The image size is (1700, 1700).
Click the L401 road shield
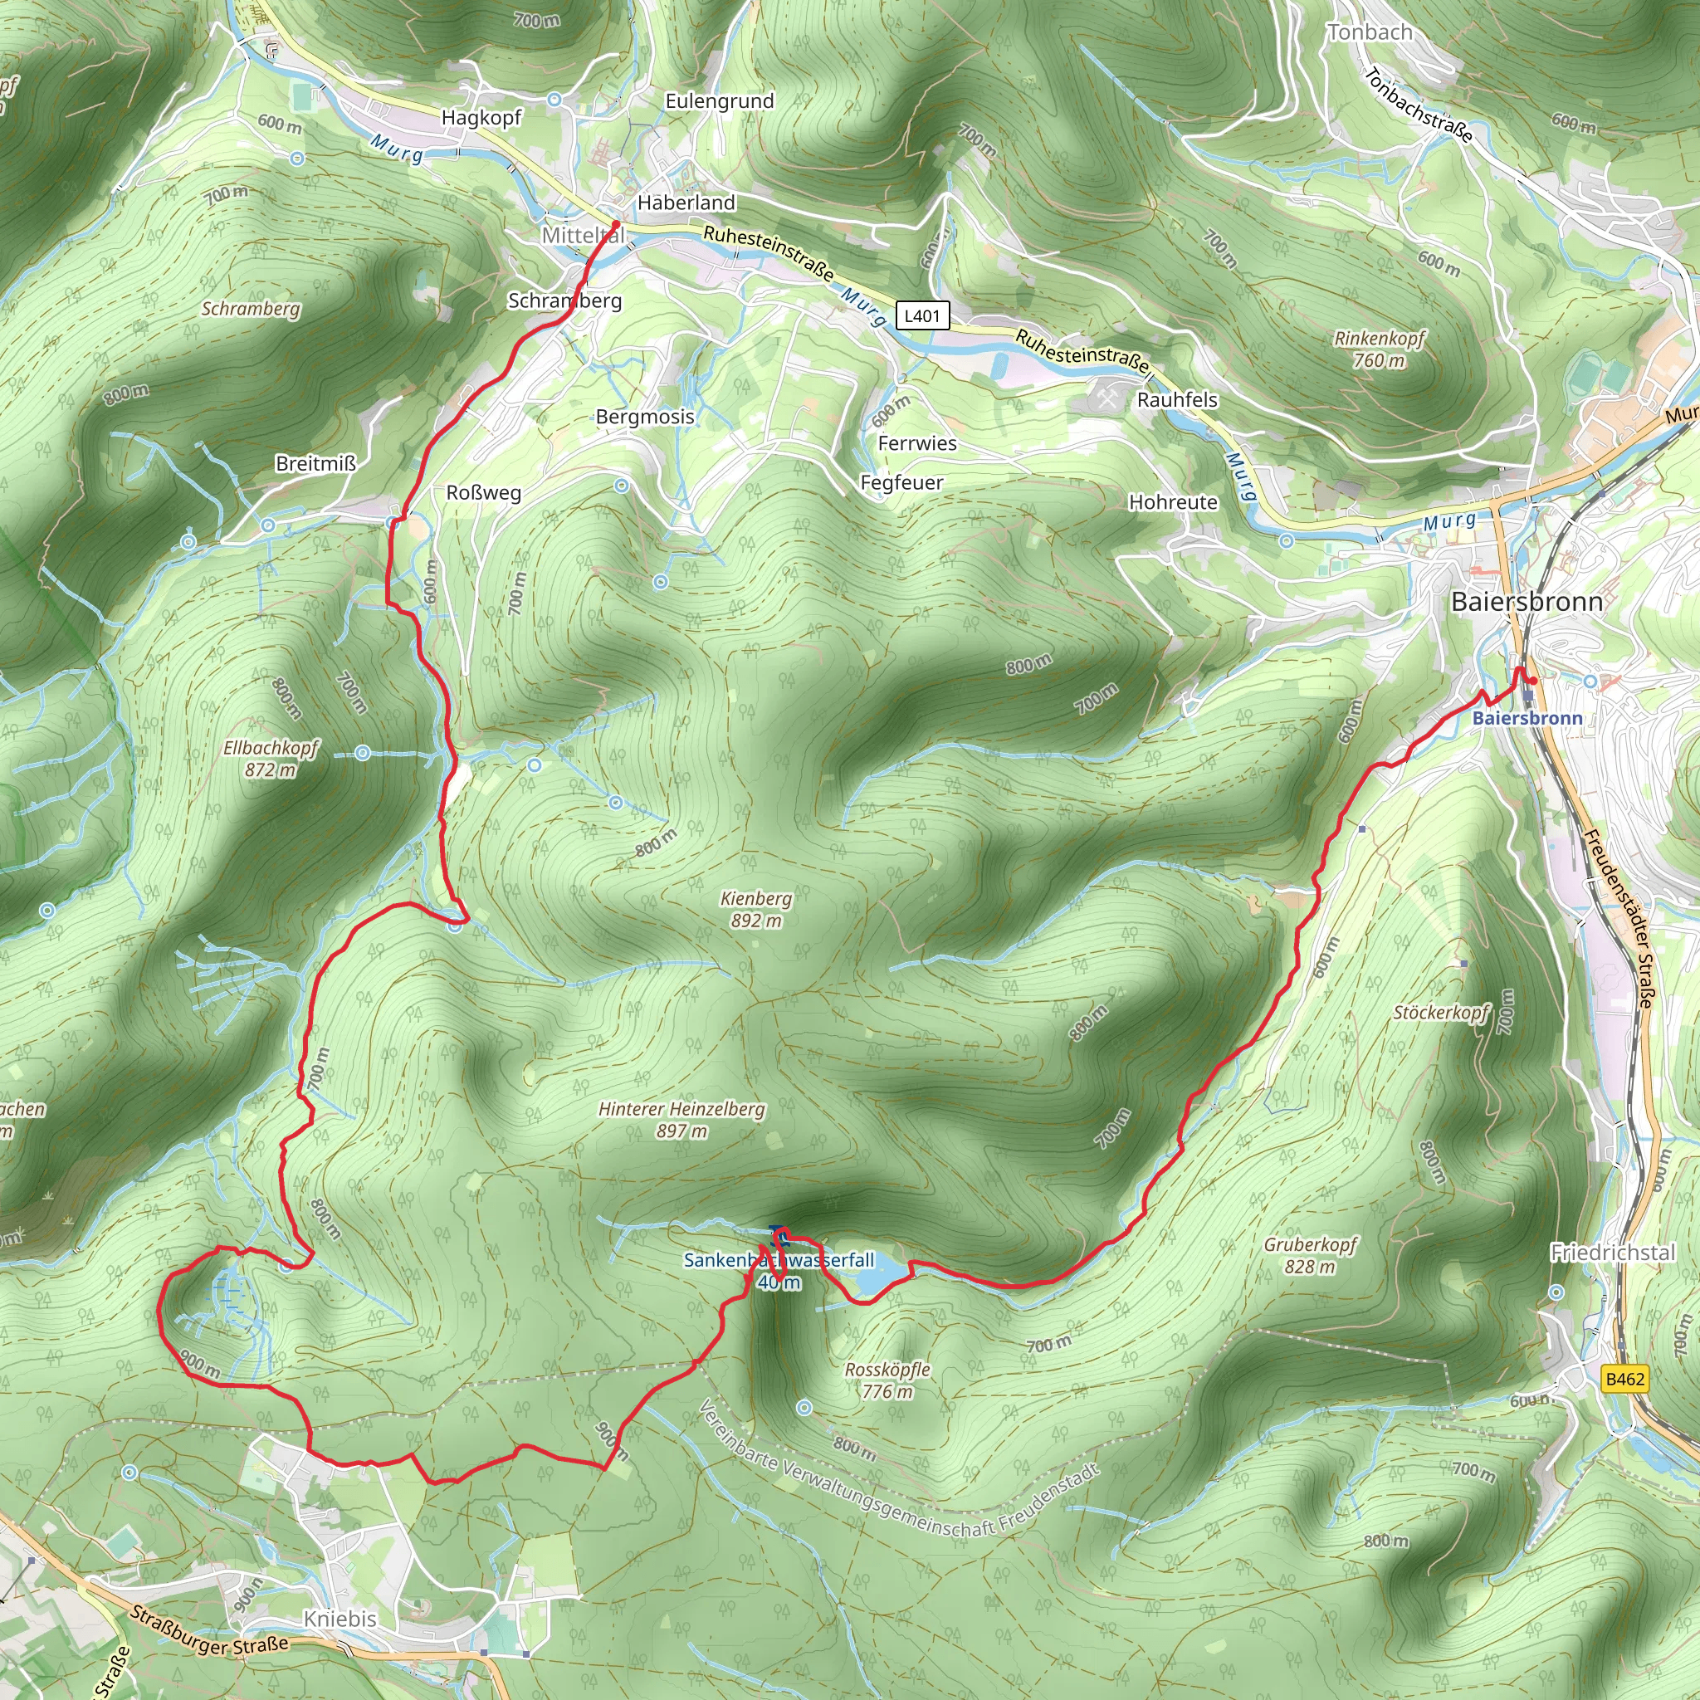(x=922, y=316)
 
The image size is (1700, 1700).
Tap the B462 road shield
(x=1624, y=1379)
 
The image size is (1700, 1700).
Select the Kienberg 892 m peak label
(x=756, y=909)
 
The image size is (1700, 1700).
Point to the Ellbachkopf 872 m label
(x=270, y=759)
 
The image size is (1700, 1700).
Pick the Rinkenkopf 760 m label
(x=1379, y=349)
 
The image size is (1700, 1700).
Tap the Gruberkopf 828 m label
(x=1310, y=1255)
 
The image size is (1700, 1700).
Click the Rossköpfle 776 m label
(x=887, y=1380)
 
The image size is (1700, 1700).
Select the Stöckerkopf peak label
(x=1440, y=1013)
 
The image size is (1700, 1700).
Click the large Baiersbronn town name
(x=1527, y=602)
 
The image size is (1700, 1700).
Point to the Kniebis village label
(x=340, y=1618)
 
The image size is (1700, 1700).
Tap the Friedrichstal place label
(x=1613, y=1252)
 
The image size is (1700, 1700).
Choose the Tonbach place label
(x=1370, y=32)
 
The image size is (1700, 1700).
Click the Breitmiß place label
(x=315, y=464)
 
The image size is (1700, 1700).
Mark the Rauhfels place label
(x=1176, y=399)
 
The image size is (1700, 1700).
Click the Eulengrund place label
(x=719, y=101)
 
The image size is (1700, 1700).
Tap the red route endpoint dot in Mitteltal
(x=616, y=225)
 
